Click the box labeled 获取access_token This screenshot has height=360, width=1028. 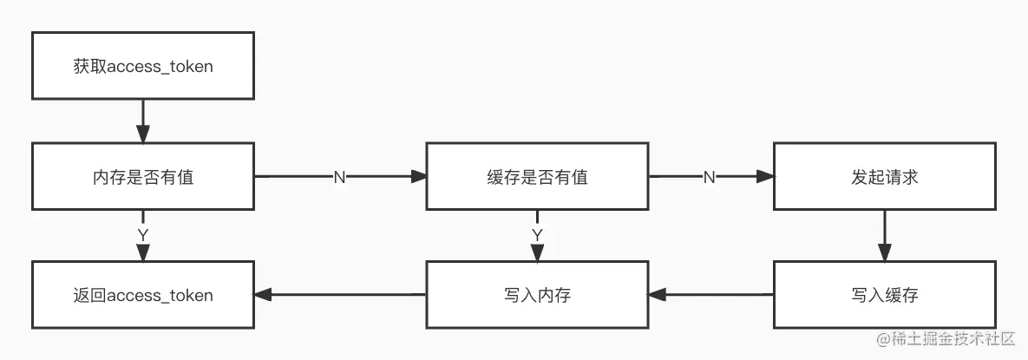(143, 66)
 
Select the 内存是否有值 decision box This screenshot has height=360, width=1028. (143, 177)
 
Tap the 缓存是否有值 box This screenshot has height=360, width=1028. (537, 177)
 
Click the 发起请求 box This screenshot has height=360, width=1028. (884, 177)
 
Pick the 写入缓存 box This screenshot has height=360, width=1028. (884, 295)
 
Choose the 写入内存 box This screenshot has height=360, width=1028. (537, 295)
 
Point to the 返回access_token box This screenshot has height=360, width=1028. (143, 295)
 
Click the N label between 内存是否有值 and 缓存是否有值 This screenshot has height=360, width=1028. (339, 177)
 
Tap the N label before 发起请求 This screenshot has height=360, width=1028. (709, 177)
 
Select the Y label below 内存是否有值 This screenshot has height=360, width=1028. (143, 235)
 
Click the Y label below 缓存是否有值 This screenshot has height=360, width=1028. (537, 235)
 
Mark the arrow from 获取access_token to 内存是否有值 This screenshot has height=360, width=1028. (143, 121)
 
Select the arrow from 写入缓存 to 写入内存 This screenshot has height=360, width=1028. (711, 295)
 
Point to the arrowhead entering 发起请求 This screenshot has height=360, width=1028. (764, 177)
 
